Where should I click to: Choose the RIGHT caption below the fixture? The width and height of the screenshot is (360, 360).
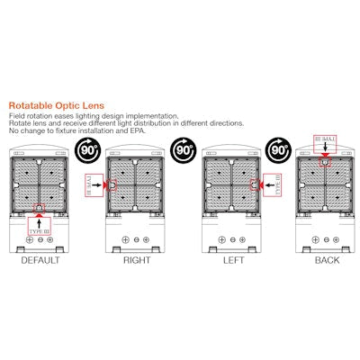pos(136,260)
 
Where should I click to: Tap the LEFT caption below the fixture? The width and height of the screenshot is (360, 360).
pos(230,260)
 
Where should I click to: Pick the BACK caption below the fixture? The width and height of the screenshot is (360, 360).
pos(327,260)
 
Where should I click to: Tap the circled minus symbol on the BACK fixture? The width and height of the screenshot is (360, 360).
pos(328,240)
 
